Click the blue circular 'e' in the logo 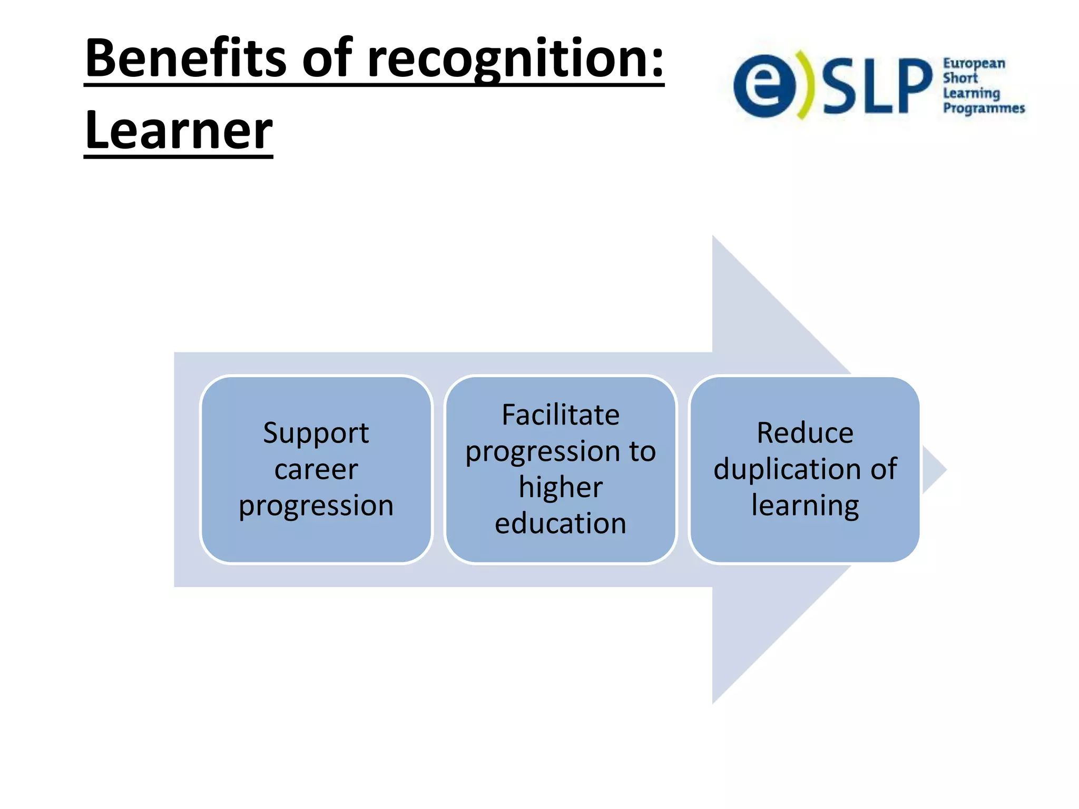(764, 86)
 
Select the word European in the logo (974, 64)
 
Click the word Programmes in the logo (983, 108)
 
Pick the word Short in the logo (960, 78)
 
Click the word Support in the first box (316, 433)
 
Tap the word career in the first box (316, 469)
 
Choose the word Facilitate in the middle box (561, 415)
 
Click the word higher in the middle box (561, 487)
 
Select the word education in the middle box (561, 524)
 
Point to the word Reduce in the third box (805, 433)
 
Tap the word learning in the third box (805, 506)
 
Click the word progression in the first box (316, 506)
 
